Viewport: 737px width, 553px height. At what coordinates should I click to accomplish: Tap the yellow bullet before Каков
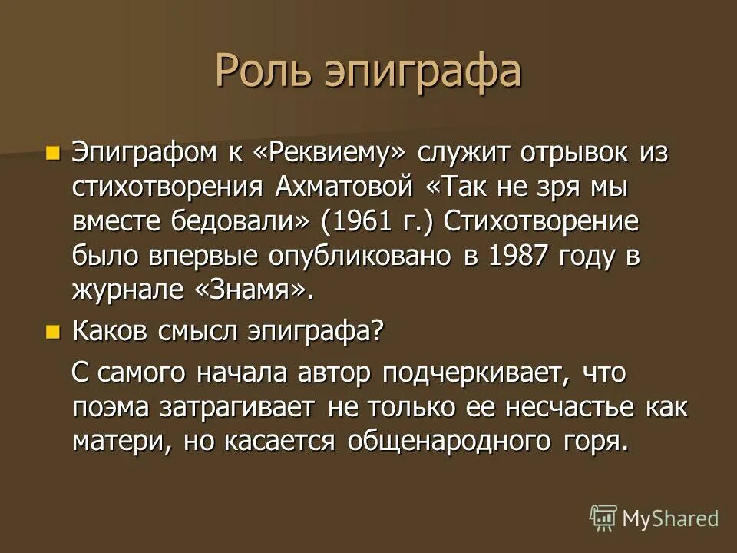[52, 332]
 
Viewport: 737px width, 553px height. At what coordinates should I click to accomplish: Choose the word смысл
[197, 332]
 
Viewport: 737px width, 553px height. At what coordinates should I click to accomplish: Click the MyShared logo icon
[603, 518]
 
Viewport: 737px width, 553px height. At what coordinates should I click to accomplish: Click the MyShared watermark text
[669, 518]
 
